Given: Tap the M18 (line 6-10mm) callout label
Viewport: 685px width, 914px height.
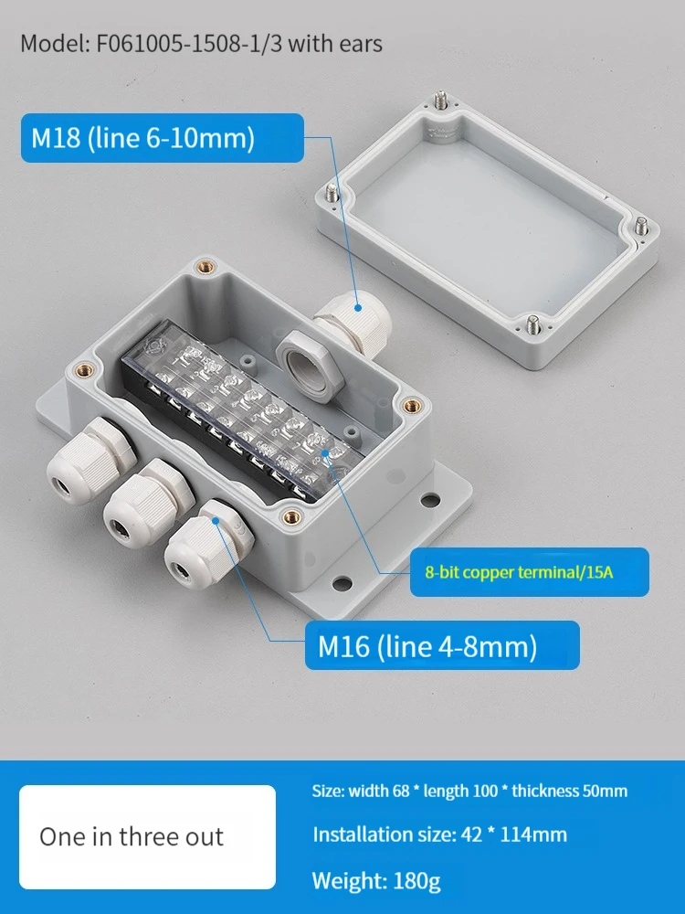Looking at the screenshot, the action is pyautogui.click(x=162, y=138).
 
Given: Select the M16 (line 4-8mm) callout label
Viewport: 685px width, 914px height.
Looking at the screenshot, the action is pyautogui.click(x=442, y=645).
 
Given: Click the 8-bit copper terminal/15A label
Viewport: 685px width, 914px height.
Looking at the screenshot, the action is pyautogui.click(x=529, y=572).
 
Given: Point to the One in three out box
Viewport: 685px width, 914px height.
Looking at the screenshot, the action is pyautogui.click(x=147, y=836).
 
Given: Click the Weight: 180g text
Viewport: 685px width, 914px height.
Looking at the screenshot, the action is pyautogui.click(x=376, y=880).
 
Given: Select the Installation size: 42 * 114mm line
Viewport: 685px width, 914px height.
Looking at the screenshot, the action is pyautogui.click(x=440, y=834).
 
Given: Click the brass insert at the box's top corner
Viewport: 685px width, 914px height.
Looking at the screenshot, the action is pyautogui.click(x=206, y=268).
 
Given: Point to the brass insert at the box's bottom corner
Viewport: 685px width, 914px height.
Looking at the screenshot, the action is pyautogui.click(x=291, y=516).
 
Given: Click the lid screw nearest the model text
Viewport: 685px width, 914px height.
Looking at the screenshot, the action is pyautogui.click(x=441, y=100).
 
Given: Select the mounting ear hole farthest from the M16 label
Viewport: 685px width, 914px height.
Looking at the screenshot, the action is pyautogui.click(x=430, y=500).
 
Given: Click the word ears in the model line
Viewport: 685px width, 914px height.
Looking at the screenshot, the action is pyautogui.click(x=358, y=45).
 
